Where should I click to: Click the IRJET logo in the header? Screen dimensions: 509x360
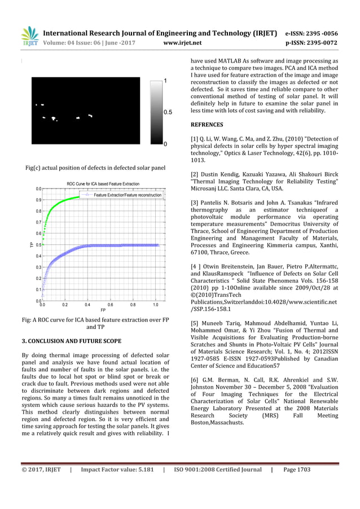tap(29, 36)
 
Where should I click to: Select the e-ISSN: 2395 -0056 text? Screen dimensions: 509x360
tap(311, 32)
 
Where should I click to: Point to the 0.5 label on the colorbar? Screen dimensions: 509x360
tap(168, 112)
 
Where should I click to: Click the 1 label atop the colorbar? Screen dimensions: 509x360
tap(165, 81)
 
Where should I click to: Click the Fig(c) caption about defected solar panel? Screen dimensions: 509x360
tap(95, 168)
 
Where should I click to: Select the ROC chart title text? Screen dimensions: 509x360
tap(103, 184)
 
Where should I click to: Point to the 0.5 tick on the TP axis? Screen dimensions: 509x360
tap(37, 244)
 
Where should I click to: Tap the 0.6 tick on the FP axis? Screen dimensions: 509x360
tap(110, 305)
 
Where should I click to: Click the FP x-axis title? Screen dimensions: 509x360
tap(103, 310)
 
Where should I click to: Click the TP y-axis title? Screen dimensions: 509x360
tap(31, 244)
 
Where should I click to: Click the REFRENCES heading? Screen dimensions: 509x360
tap(208, 124)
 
